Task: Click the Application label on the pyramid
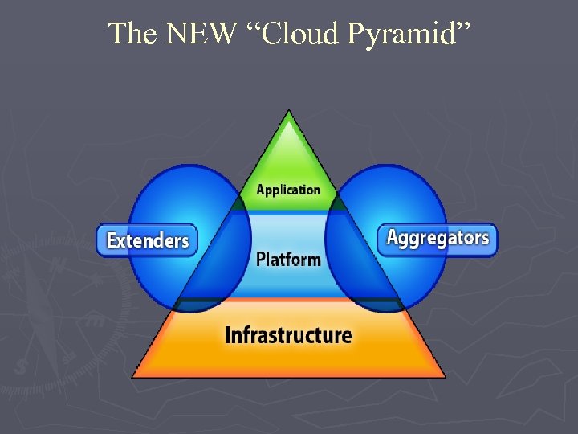(x=288, y=190)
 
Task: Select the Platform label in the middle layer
(x=288, y=260)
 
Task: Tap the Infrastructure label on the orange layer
(x=288, y=334)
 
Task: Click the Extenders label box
(x=148, y=240)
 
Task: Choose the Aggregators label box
(x=438, y=239)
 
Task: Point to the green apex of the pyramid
(x=288, y=141)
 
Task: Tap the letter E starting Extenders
(x=112, y=240)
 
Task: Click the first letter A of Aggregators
(x=393, y=237)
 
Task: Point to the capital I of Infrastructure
(x=228, y=334)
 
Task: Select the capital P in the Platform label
(x=261, y=260)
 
